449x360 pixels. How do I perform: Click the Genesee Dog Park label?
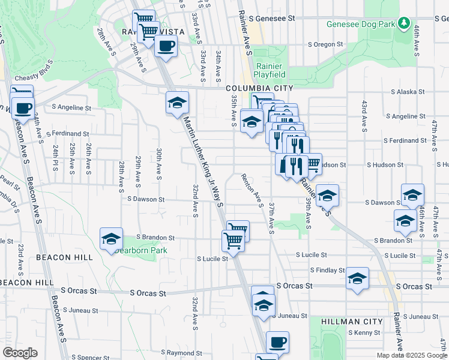tap(362, 25)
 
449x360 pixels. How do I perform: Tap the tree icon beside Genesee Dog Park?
tap(405, 24)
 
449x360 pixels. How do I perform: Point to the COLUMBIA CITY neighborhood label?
tap(259, 88)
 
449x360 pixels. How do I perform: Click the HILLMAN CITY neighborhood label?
tap(352, 322)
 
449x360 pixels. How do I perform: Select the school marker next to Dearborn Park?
tap(111, 239)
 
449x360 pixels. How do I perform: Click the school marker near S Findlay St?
tap(357, 278)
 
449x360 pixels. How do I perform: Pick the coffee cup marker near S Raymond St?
tap(277, 343)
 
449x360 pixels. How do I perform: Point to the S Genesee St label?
tap(276, 19)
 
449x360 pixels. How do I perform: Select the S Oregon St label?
tap(325, 44)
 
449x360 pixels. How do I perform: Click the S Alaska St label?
tap(408, 92)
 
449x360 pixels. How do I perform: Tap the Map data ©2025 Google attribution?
tap(412, 355)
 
